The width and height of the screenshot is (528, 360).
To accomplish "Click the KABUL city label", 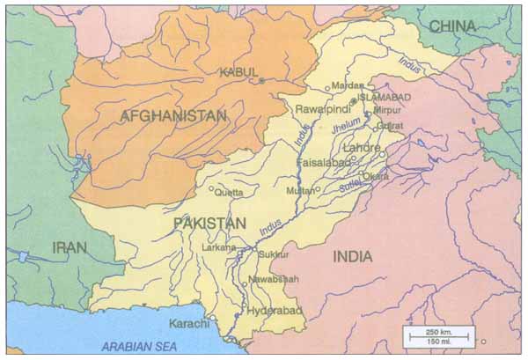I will (x=240, y=71).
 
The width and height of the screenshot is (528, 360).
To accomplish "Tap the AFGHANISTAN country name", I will (x=173, y=115).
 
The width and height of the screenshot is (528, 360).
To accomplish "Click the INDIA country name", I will (x=351, y=256).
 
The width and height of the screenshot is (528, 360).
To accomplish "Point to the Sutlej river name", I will (x=345, y=187).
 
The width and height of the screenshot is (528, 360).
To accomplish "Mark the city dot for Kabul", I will (x=261, y=81).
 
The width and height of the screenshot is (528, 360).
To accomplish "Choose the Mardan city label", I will (x=347, y=85).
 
